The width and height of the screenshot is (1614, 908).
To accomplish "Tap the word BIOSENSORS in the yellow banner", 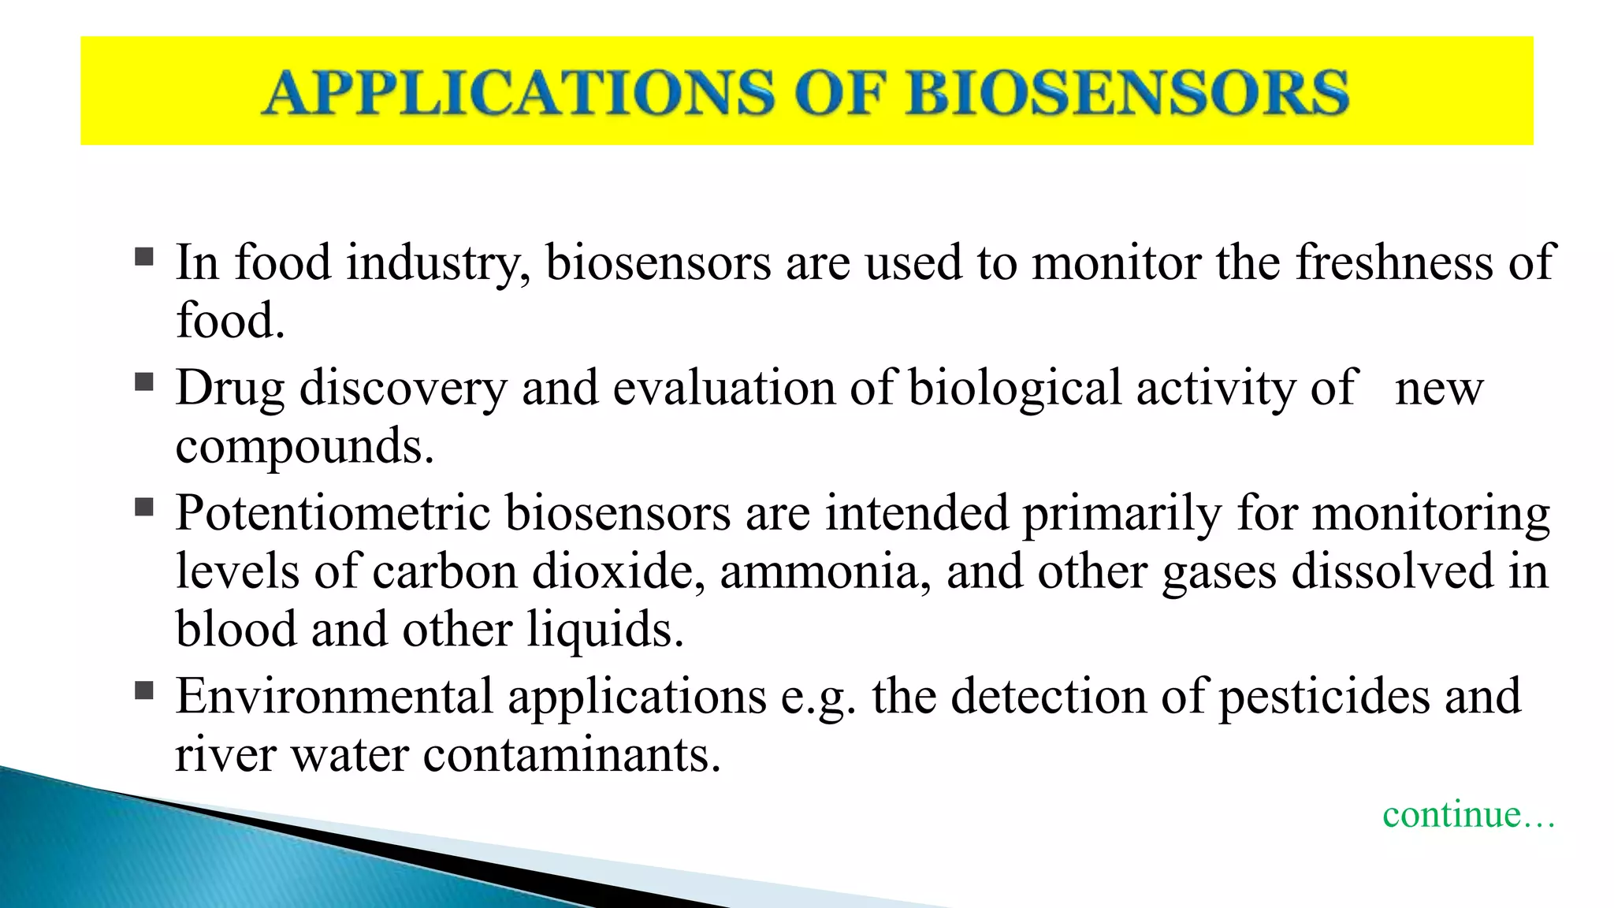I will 1128,93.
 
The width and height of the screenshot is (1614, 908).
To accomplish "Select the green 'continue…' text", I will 1468,814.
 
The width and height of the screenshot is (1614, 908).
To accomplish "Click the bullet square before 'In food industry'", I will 144,257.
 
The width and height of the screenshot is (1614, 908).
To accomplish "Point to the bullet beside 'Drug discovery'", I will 144,382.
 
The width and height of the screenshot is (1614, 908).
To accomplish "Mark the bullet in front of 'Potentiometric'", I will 144,507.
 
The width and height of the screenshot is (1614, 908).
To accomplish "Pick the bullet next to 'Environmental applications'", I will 144,691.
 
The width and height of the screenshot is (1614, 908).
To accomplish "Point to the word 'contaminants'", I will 571,755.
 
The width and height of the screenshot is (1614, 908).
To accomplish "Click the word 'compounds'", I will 304,447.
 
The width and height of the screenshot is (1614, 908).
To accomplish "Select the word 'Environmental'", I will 334,697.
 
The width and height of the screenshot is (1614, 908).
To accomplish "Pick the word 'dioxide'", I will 618,571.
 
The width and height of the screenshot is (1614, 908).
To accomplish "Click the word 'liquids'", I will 604,630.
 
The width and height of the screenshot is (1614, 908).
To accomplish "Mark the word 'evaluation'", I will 723,389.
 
